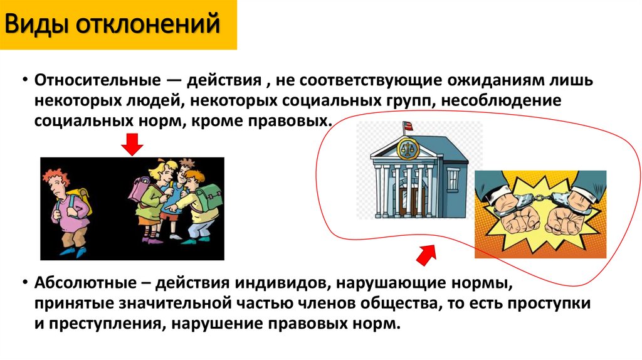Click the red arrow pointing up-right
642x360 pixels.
click(x=427, y=254)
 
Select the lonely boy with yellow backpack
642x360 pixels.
click(x=68, y=210)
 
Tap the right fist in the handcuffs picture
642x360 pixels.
click(x=568, y=220)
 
